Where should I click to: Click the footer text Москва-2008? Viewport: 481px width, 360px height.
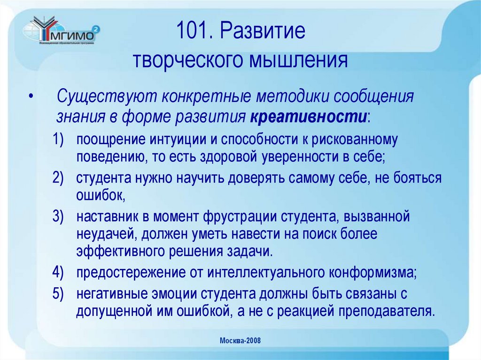point(240,341)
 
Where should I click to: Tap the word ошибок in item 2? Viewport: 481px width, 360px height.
point(100,195)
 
